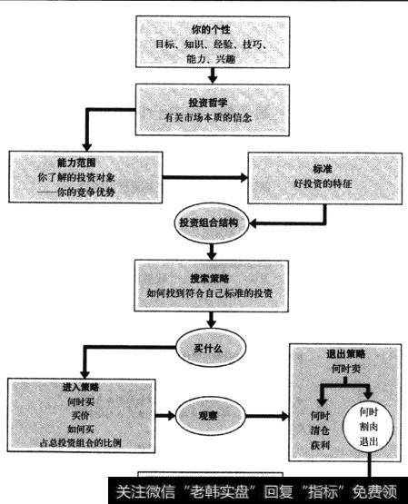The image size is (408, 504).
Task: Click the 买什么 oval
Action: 210,348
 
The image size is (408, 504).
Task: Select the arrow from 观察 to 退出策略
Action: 264,418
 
